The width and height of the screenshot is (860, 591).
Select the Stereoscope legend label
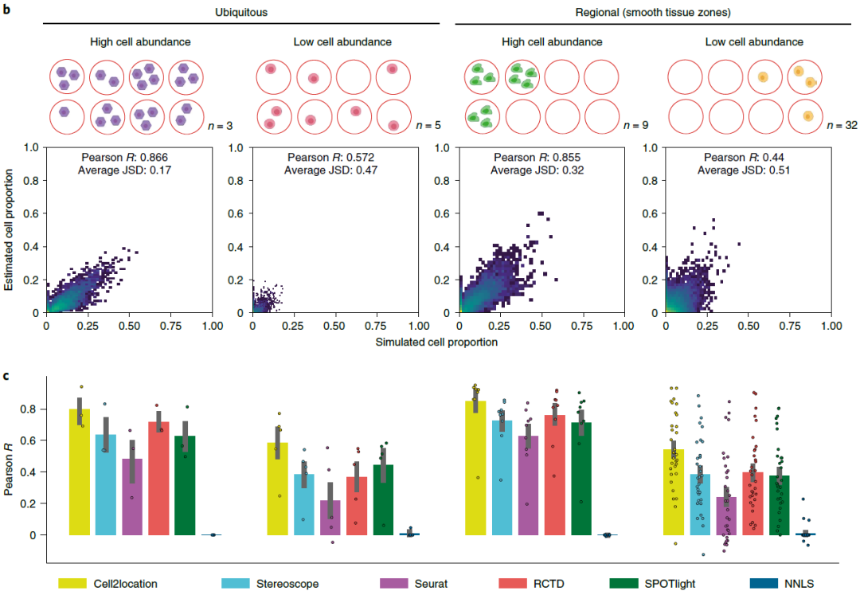pyautogui.click(x=287, y=583)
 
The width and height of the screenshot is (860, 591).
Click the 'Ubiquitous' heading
pyautogui.click(x=241, y=12)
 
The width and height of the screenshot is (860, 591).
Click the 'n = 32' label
pyautogui.click(x=839, y=125)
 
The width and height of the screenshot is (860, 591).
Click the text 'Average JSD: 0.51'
pyautogui.click(x=749, y=170)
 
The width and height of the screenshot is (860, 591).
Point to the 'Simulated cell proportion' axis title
pyautogui.click(x=439, y=342)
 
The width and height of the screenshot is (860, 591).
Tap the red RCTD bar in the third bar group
pyautogui.click(x=555, y=475)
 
